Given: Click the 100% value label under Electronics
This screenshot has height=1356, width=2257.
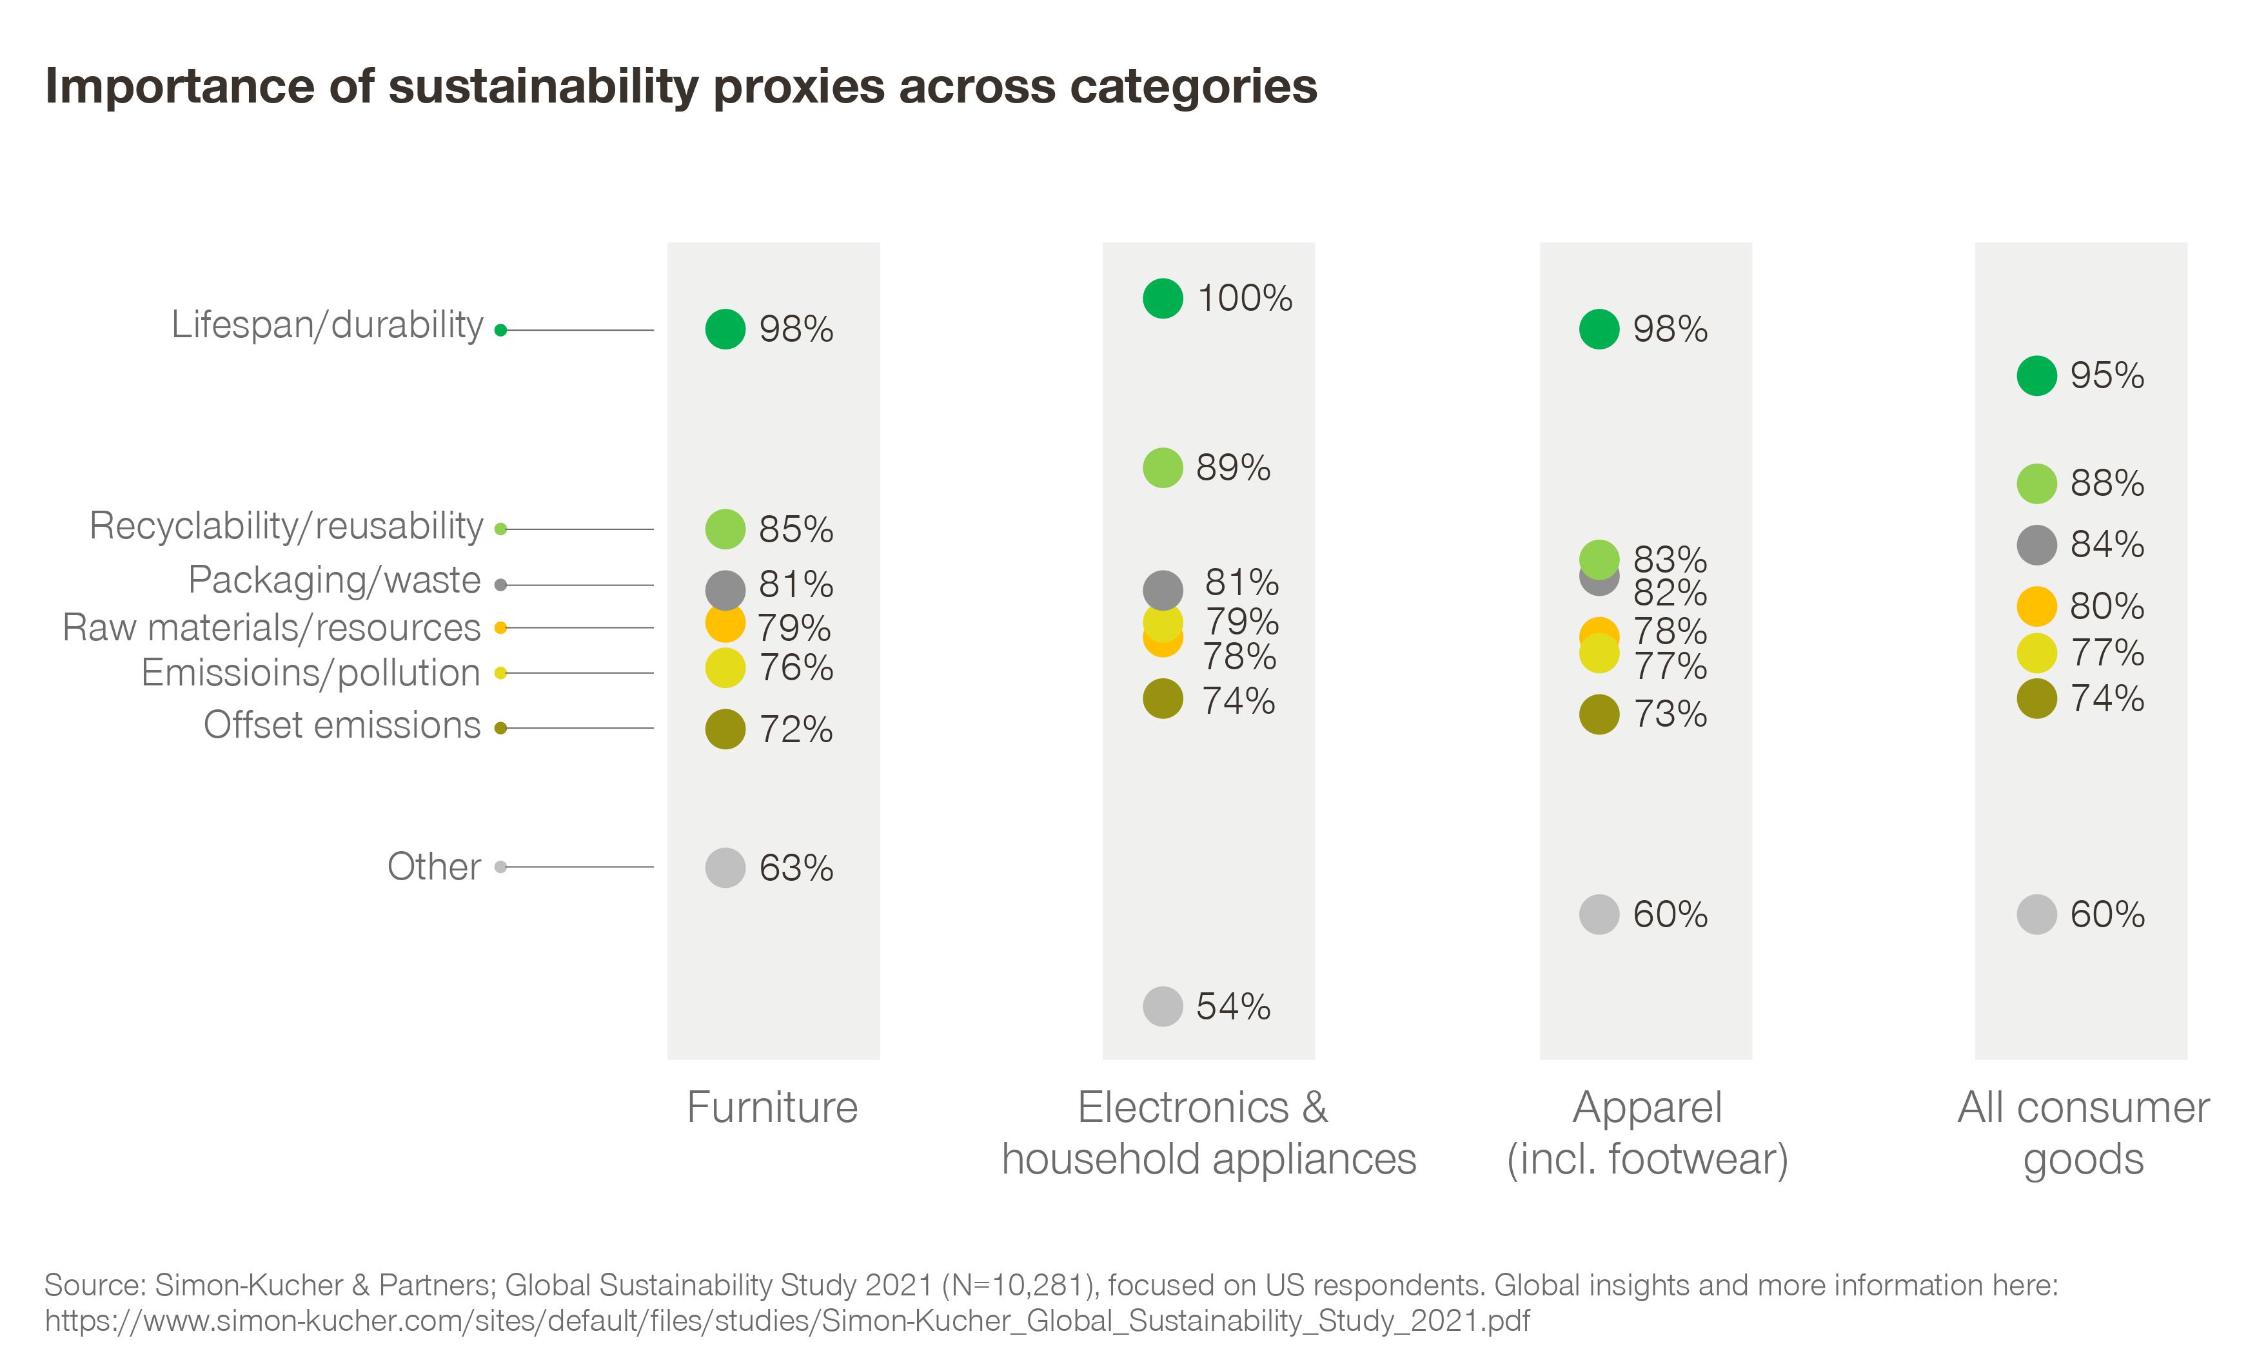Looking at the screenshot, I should (x=1244, y=299).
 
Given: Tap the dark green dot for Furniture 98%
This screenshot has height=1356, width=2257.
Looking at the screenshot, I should (x=725, y=329).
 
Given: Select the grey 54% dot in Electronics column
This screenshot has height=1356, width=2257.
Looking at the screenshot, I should (x=1162, y=1006).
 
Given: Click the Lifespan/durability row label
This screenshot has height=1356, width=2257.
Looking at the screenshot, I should (x=326, y=325).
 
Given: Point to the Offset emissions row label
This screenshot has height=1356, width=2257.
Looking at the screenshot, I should (x=342, y=725).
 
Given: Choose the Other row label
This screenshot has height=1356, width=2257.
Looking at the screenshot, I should (x=433, y=866).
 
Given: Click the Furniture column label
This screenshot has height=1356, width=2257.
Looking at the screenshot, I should (x=772, y=1108).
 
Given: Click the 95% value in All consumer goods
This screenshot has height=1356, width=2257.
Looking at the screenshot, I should (x=2106, y=375).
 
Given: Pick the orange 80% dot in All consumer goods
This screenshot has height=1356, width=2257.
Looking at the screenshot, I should (x=2036, y=606).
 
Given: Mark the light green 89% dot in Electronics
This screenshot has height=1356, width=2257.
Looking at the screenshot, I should (x=1162, y=468).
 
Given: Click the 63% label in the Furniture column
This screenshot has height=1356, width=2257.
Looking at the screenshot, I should (x=795, y=868).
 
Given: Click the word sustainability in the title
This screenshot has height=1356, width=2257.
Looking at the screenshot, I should (x=544, y=87).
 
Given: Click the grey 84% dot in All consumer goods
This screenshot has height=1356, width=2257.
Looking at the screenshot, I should (x=2036, y=545).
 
